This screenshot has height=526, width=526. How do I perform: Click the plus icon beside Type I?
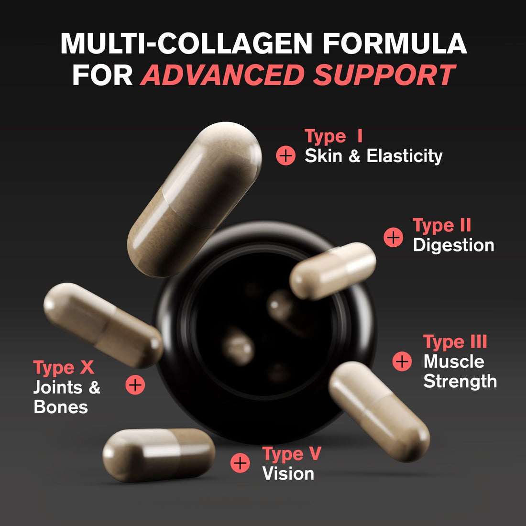(x=286, y=156)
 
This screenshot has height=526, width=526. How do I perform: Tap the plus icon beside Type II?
(x=394, y=237)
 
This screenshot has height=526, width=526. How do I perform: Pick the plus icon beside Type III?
(x=402, y=362)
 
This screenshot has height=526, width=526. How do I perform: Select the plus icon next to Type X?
(x=135, y=384)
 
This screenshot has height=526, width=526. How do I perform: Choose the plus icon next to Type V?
(x=240, y=463)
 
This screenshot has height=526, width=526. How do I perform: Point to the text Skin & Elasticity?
(x=373, y=156)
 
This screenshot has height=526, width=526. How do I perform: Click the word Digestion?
(x=453, y=245)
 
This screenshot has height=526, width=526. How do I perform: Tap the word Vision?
(x=288, y=474)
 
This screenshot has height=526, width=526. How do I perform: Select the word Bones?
(x=61, y=407)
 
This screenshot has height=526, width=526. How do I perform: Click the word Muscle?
(x=454, y=362)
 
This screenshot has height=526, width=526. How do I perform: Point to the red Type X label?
(x=64, y=368)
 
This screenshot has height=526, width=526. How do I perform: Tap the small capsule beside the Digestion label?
(x=333, y=271)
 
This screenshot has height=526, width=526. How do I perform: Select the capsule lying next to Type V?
(x=159, y=454)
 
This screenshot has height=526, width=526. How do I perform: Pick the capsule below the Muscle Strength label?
(x=379, y=411)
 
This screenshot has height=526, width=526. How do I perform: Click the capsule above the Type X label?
(x=103, y=325)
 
